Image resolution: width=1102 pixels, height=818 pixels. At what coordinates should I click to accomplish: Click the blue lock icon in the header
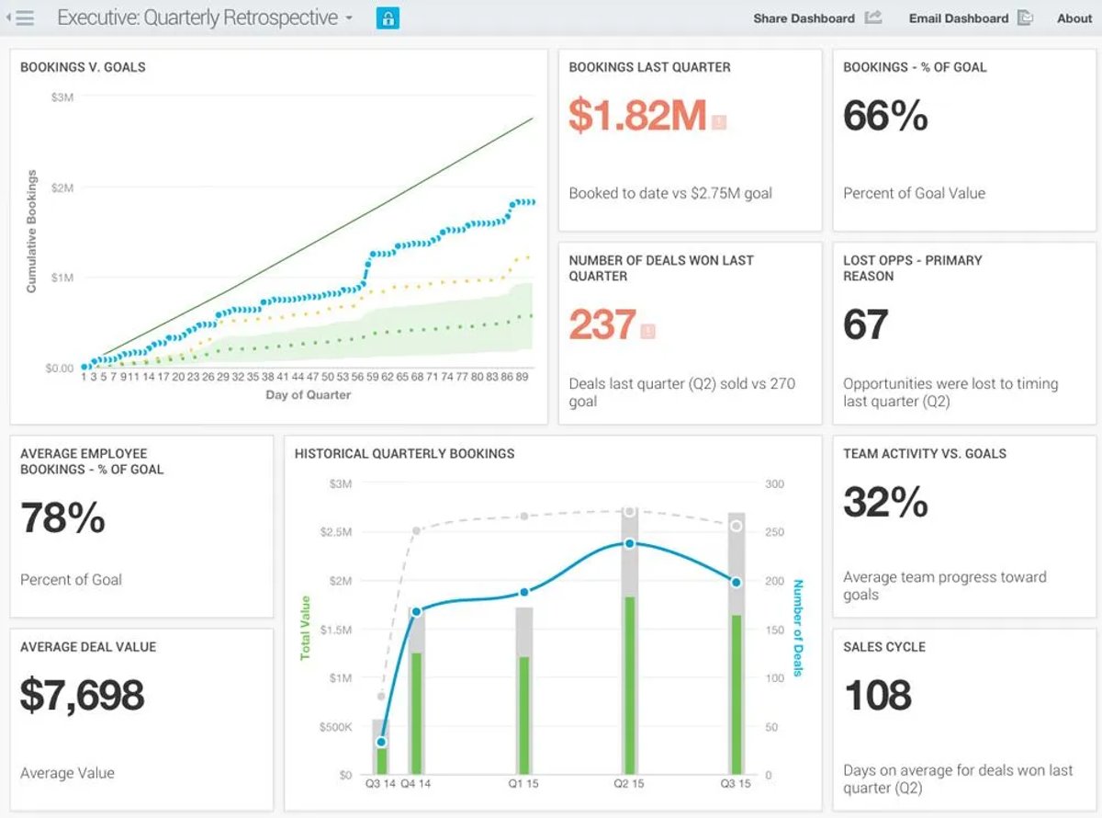point(388,18)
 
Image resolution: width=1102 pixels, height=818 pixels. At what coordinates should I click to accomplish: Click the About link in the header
point(1074,18)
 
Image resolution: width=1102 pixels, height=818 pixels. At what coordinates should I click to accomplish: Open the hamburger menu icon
point(25,18)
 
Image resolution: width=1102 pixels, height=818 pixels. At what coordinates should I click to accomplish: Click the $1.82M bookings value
point(637,116)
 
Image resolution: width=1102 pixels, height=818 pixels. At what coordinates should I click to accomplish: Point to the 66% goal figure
point(885,116)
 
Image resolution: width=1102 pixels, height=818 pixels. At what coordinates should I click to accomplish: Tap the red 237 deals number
point(602,324)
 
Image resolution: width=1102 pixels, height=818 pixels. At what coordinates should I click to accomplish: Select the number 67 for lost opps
point(865,324)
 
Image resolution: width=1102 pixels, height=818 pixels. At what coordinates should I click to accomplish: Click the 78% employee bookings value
point(62,517)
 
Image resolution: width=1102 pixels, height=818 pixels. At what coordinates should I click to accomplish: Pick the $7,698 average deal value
point(83,695)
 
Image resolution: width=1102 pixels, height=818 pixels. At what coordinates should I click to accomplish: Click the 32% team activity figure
point(885,502)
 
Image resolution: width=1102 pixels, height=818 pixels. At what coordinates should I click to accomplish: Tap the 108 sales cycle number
point(878,695)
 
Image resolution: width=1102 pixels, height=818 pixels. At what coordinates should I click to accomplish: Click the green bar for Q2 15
point(629,686)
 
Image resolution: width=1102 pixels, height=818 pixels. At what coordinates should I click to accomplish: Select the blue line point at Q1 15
point(524,592)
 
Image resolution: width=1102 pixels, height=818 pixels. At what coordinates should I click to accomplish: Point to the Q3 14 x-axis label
point(380,784)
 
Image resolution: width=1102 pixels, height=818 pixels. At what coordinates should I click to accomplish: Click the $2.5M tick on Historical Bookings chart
point(336,532)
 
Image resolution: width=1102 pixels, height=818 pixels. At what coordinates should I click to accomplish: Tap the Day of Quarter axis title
point(308,395)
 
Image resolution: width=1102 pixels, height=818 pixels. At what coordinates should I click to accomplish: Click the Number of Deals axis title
point(798,628)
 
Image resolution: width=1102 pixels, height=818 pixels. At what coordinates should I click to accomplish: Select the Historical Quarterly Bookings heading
point(404,453)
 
